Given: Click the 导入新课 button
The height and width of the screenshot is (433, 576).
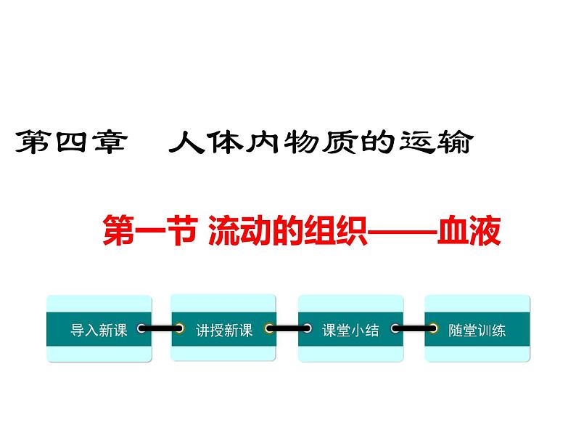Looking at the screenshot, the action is click(99, 329).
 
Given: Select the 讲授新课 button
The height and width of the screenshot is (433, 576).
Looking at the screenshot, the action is click(223, 329).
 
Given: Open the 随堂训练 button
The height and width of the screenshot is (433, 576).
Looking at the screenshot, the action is click(477, 329).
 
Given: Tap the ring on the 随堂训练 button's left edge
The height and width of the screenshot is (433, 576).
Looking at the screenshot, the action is click(432, 329).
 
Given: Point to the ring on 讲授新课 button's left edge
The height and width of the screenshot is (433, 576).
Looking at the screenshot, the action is click(178, 329).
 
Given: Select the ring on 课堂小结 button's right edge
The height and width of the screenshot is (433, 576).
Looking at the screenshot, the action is click(395, 329).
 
